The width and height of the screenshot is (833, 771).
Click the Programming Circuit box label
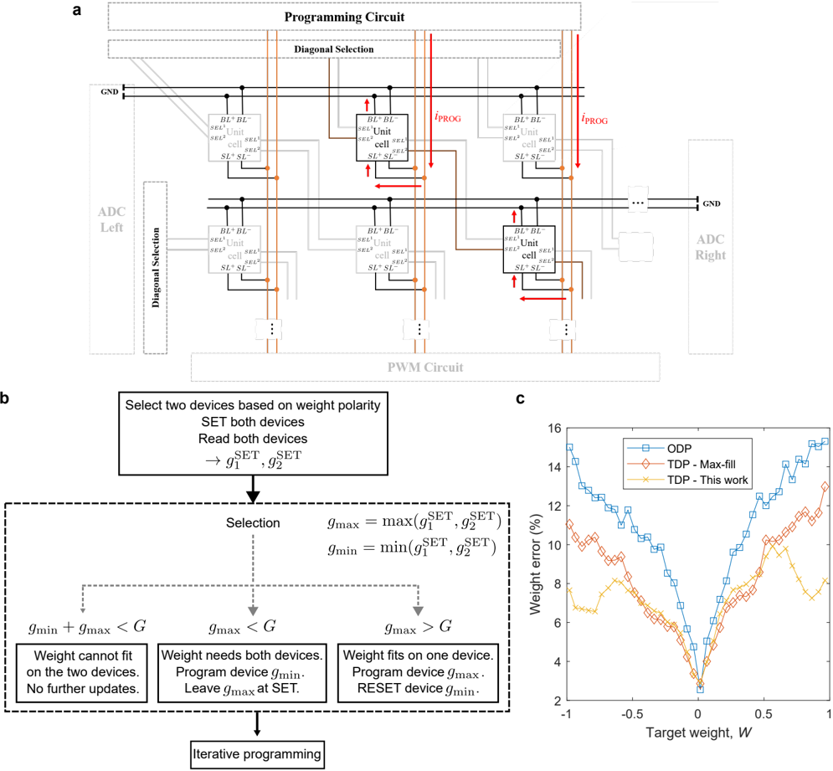coord(344,18)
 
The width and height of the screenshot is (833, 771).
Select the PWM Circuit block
coord(425,368)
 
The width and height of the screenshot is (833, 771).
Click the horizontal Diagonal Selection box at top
coord(333,49)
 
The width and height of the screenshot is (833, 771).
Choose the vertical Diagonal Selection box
coord(156,267)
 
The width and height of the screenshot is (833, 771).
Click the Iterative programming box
coord(257,754)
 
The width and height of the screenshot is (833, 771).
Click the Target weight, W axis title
coord(697,732)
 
